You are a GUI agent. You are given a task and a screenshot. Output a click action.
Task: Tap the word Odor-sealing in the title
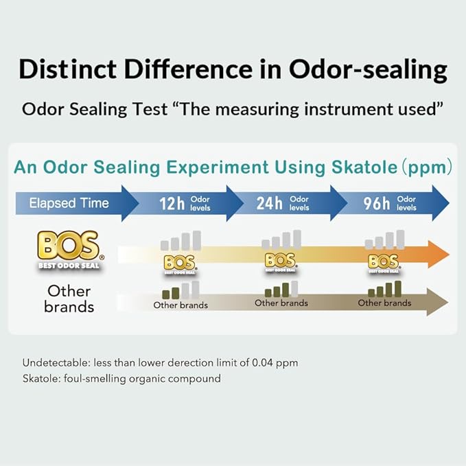tap(367, 70)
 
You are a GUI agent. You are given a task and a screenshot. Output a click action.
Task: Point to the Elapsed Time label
tap(69, 203)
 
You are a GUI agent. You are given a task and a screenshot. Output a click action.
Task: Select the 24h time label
tap(270, 203)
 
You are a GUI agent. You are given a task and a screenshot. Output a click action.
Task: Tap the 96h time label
tap(377, 203)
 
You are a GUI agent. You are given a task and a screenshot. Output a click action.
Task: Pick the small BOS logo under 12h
tap(180, 264)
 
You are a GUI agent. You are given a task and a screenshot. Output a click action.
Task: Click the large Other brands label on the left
tap(69, 299)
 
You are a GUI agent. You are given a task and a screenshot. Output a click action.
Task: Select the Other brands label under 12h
tap(180, 305)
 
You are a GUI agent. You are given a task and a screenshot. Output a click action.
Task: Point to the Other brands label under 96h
tap(384, 303)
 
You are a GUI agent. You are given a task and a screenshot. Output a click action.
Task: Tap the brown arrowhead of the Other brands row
tap(436, 301)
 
